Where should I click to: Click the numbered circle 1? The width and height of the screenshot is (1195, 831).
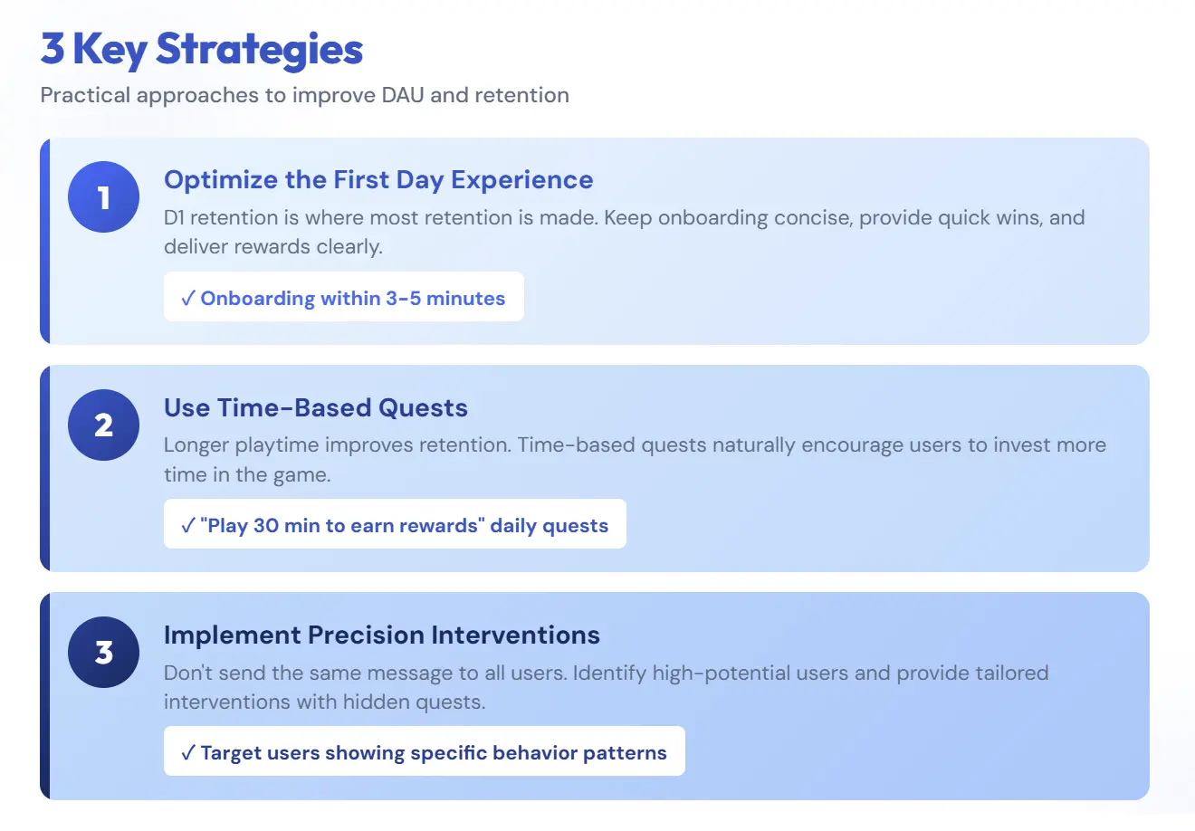pyautogui.click(x=104, y=196)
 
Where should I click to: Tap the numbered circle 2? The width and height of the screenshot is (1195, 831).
pyautogui.click(x=104, y=425)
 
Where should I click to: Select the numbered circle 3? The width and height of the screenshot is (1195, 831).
pyautogui.click(x=104, y=652)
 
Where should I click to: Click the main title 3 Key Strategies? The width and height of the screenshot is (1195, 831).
pyautogui.click(x=202, y=49)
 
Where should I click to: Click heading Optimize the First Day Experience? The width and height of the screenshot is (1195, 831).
pyautogui.click(x=378, y=179)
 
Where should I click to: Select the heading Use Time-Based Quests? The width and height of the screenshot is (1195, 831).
pyautogui.click(x=316, y=407)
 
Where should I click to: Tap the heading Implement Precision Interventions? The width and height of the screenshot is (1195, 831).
pyautogui.click(x=382, y=635)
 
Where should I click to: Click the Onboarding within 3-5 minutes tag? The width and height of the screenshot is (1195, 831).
pyautogui.click(x=344, y=298)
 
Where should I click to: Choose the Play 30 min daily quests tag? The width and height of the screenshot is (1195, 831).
pyautogui.click(x=395, y=525)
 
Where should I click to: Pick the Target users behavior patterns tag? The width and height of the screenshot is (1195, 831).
pyautogui.click(x=425, y=752)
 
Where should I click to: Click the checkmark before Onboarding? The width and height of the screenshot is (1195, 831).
pyautogui.click(x=187, y=299)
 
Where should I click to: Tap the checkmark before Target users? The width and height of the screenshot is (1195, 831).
pyautogui.click(x=187, y=753)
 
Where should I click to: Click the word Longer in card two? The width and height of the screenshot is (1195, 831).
pyautogui.click(x=196, y=444)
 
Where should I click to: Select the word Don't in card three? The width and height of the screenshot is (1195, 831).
pyautogui.click(x=186, y=673)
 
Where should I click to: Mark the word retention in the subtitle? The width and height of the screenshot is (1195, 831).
pyautogui.click(x=521, y=95)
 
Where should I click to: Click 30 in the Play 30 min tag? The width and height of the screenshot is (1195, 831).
pyautogui.click(x=266, y=526)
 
